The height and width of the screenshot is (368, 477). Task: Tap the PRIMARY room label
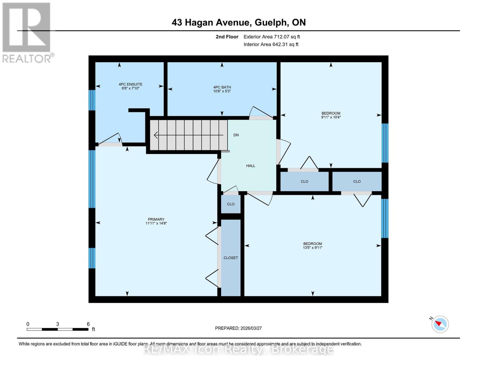[x=156, y=219]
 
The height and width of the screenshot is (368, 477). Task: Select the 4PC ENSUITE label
[x=131, y=84]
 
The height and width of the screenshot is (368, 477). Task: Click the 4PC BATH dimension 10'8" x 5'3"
[x=222, y=91]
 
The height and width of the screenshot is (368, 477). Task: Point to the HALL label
[x=251, y=166]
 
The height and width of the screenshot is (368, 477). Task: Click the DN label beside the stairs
[x=236, y=135]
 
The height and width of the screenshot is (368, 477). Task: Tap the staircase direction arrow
[x=188, y=135]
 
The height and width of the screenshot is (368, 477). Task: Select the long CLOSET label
[x=231, y=258]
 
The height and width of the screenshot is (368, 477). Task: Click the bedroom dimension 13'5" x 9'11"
[x=312, y=248]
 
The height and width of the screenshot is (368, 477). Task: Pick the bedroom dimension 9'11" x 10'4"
[x=331, y=117]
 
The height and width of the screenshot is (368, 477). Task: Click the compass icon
[x=440, y=324]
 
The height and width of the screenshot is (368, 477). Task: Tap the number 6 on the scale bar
[x=88, y=324]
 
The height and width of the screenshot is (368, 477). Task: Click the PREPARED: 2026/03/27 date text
[x=238, y=328]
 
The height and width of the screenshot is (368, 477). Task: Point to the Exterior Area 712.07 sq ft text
[x=272, y=37]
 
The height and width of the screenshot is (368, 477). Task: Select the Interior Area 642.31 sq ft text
[x=271, y=44]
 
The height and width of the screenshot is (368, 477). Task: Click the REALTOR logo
[x=27, y=32]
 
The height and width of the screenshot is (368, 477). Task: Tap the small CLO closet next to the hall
[x=231, y=204]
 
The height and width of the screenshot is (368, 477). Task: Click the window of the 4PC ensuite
[x=92, y=100]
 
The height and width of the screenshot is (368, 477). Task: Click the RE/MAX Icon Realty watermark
[x=238, y=349]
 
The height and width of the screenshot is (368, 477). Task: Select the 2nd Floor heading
[x=227, y=37]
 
